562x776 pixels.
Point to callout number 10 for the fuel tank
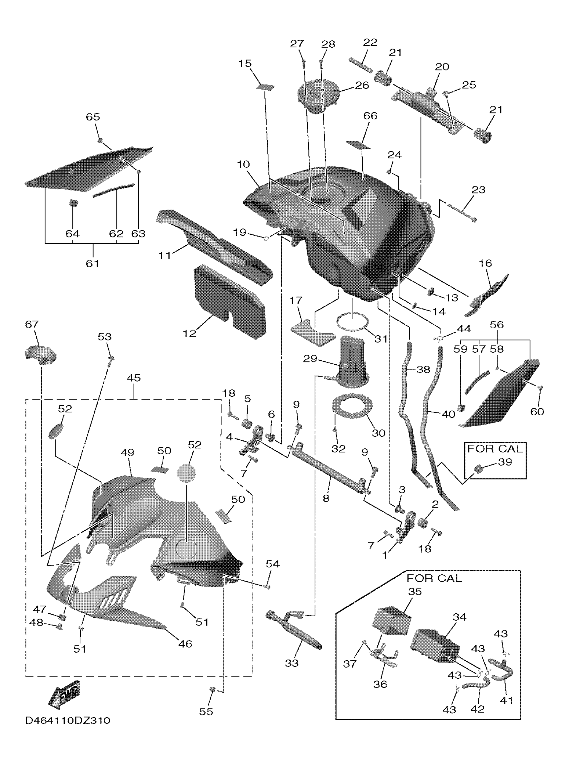[x=243, y=164]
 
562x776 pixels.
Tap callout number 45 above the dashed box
[x=134, y=378]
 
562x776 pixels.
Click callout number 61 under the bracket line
[x=92, y=264]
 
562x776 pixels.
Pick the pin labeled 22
[x=360, y=64]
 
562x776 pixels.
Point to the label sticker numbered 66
[x=358, y=144]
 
